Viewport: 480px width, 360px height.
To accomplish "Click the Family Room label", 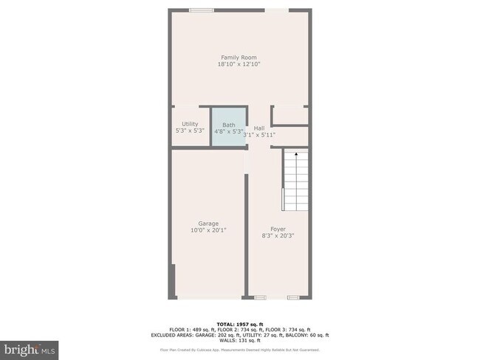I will [x=239, y=58].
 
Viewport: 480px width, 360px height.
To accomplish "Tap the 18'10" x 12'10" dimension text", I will [x=239, y=65].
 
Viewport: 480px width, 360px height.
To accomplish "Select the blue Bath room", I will [x=228, y=128].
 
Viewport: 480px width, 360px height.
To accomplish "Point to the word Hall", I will [x=259, y=128].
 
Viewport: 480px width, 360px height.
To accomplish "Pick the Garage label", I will [x=208, y=224].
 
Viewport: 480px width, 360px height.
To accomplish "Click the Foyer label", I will [x=278, y=229].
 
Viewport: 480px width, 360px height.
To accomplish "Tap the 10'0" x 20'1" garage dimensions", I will [x=208, y=230].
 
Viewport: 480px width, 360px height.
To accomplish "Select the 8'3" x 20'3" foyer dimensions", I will [x=278, y=236].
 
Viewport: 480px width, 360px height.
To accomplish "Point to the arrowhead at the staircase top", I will [x=295, y=154].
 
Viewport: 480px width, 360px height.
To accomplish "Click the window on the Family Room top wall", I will [x=201, y=10].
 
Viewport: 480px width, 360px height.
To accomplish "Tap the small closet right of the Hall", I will [x=290, y=115].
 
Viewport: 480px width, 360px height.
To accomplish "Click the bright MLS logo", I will [x=30, y=347].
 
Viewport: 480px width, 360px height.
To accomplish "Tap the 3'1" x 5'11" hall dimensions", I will [x=259, y=134].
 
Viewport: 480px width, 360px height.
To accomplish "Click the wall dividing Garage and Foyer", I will [x=246, y=229].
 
